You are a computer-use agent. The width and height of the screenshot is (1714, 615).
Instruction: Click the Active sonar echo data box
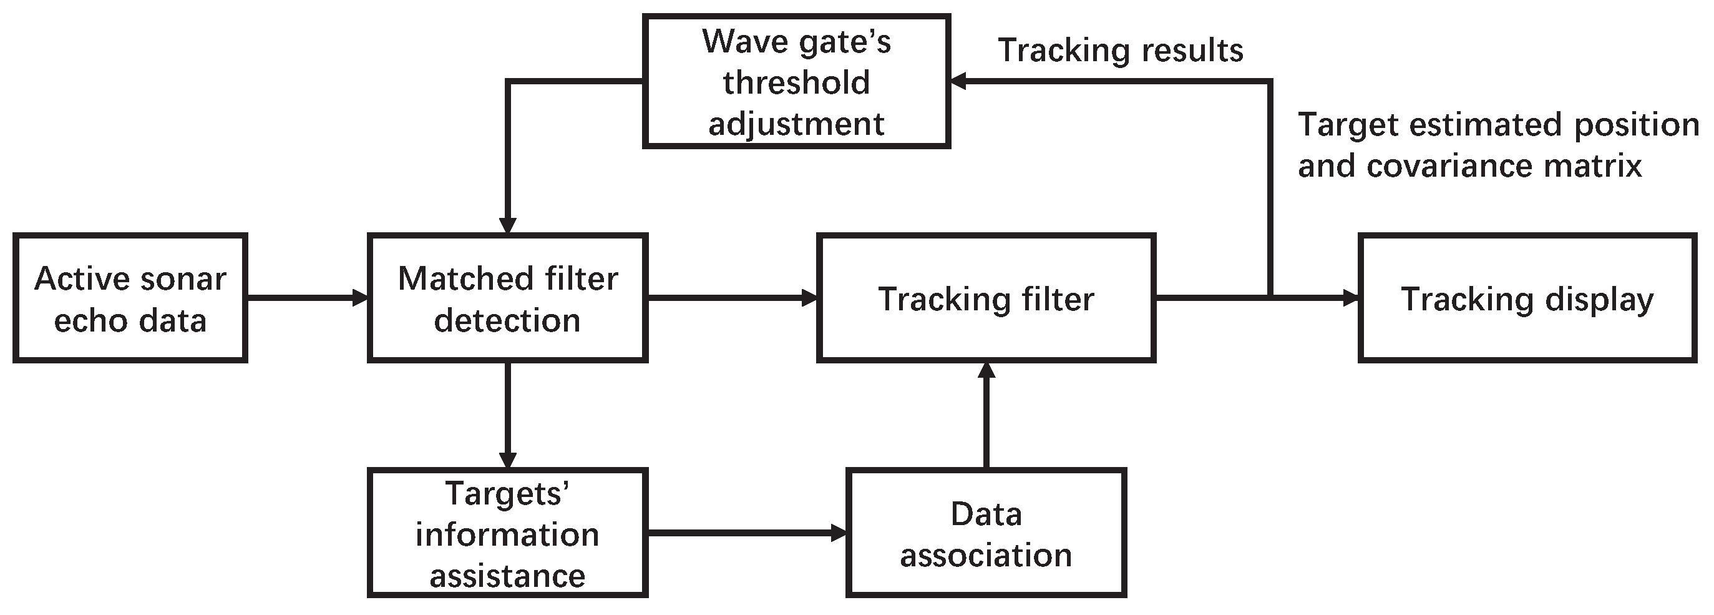[130, 298]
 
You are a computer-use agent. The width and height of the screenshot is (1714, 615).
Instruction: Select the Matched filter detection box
[507, 298]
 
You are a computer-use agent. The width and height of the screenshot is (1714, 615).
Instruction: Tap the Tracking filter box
[986, 298]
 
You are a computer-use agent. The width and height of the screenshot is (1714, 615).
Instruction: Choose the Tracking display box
[1527, 298]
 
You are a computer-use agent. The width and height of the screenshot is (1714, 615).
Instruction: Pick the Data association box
[986, 533]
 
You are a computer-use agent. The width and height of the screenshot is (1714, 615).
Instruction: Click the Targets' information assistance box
[507, 533]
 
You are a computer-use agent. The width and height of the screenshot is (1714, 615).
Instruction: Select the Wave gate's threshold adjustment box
[796, 81]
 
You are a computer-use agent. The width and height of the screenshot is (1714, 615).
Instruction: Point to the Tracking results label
[1121, 51]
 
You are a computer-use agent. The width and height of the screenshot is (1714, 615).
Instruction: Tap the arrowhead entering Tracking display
[1351, 298]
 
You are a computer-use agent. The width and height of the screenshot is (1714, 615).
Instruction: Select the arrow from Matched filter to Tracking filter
[732, 298]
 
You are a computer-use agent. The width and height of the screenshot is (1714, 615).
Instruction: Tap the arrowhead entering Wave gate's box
[958, 81]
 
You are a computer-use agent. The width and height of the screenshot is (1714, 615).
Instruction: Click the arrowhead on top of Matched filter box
[507, 225]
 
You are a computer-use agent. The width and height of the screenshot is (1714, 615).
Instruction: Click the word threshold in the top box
[796, 82]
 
